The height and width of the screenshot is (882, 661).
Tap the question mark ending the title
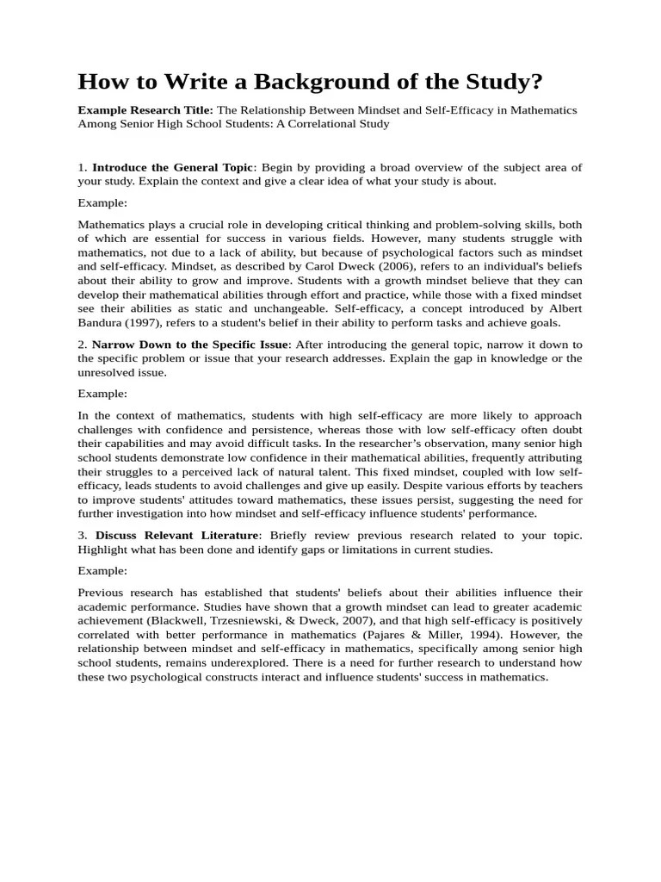[x=538, y=82]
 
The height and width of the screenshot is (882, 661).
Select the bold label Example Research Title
[x=145, y=110]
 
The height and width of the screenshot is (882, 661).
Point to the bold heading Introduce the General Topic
[x=173, y=167]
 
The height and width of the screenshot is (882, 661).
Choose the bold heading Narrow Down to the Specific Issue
[x=190, y=345]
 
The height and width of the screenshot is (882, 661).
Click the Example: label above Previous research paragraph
[x=102, y=570]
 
